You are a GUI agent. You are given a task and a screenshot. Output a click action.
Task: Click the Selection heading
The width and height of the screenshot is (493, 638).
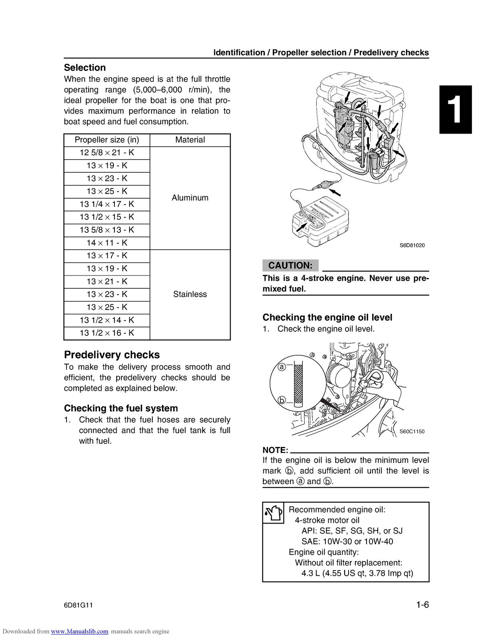(85, 67)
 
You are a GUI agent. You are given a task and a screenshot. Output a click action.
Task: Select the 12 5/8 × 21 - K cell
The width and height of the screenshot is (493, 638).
(106, 153)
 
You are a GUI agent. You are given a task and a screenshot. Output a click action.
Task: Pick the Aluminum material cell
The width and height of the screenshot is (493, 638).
(190, 198)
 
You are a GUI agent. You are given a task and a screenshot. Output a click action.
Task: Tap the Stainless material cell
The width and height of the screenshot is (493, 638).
(190, 294)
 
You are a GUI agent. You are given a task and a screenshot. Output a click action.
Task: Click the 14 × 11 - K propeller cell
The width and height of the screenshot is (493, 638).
(106, 243)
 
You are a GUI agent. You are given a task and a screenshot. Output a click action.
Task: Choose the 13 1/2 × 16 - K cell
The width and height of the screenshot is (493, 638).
(106, 333)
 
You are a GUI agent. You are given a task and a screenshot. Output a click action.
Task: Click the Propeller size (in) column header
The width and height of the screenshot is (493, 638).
(106, 140)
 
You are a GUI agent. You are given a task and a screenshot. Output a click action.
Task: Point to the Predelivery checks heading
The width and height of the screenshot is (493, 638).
(112, 355)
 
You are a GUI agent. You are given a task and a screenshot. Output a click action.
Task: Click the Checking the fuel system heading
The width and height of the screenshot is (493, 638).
(121, 408)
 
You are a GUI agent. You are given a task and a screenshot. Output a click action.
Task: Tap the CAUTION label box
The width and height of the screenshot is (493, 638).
(290, 266)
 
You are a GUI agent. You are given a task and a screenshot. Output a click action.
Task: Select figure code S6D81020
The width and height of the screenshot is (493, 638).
(412, 245)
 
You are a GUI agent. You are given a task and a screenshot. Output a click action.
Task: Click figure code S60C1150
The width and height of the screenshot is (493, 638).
(412, 431)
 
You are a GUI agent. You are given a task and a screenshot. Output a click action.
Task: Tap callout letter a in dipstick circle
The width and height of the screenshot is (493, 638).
(282, 366)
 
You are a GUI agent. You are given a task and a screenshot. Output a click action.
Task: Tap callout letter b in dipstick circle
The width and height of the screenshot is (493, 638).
(282, 400)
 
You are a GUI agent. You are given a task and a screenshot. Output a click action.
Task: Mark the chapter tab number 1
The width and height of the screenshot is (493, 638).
(456, 110)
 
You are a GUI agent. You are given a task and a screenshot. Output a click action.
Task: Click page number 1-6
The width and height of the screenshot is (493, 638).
(422, 605)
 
